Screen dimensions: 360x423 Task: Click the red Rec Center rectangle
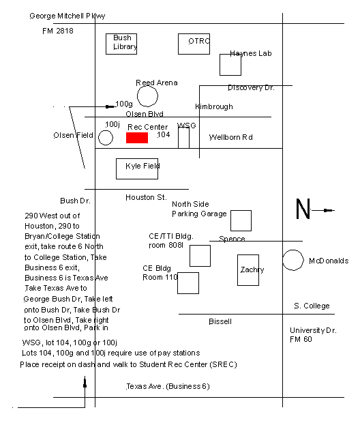pos(137,138)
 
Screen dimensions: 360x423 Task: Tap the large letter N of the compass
pos(303,209)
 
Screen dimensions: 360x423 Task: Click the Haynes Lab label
pos(251,53)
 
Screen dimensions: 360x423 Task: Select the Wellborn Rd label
pos(231,137)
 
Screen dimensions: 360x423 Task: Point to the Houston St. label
pos(146,197)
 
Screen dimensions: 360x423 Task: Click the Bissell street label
pos(220,321)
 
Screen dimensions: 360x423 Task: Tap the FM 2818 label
pos(58,31)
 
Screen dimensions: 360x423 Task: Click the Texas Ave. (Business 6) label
pos(168,386)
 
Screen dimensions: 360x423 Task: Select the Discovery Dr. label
pos(251,88)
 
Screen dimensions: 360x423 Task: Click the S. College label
pos(312,306)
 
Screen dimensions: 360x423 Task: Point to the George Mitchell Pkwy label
pos(67,16)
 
